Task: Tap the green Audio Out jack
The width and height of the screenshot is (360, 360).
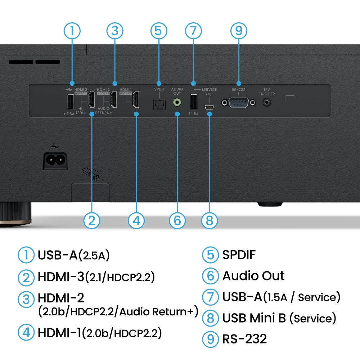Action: coord(177,103)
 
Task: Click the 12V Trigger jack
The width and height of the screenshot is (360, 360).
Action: coord(267,102)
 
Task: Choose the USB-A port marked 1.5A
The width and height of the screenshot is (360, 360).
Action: coord(194,101)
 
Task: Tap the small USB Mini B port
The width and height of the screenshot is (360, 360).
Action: coord(209,107)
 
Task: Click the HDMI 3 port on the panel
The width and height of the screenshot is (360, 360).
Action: coord(92,100)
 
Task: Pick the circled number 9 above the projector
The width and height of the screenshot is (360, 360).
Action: coord(238,31)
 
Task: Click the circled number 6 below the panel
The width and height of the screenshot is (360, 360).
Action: coord(177,220)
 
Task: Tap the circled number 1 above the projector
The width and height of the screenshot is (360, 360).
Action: coord(72,31)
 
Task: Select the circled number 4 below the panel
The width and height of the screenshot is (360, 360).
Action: coord(136,220)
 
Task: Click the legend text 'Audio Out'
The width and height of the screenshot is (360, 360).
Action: coord(253,276)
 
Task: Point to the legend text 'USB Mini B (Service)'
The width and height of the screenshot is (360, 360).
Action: coord(279,318)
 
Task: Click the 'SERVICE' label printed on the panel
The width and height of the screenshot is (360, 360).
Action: coord(209,90)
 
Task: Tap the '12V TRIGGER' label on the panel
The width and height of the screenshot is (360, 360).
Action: coord(267,92)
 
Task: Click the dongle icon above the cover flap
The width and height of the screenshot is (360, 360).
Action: coord(90,173)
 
